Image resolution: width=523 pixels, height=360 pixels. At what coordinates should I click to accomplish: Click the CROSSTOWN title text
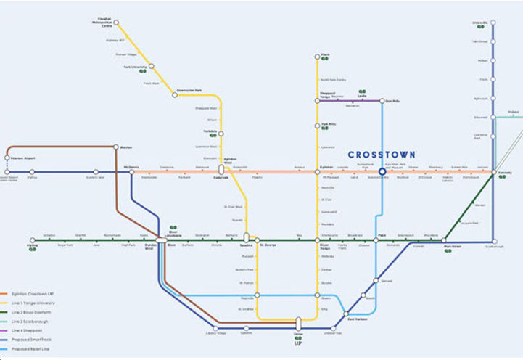382,155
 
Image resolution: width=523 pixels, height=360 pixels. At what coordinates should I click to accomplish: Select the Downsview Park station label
189,90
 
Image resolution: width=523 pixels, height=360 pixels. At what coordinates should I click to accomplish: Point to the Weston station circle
117,147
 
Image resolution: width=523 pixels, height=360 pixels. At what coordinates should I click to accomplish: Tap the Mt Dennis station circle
131,173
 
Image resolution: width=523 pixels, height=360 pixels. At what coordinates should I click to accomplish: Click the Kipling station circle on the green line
32,240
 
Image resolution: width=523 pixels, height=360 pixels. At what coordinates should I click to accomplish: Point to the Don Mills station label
393,101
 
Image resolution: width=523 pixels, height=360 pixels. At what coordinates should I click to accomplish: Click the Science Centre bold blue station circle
382,172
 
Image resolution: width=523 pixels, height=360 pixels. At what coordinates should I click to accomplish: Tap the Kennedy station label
505,172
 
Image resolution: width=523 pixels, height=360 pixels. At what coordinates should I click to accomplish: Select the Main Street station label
453,247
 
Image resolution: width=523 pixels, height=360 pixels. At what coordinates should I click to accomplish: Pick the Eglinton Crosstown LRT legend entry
29,292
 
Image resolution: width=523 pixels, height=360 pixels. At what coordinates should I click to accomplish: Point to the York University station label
136,67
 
